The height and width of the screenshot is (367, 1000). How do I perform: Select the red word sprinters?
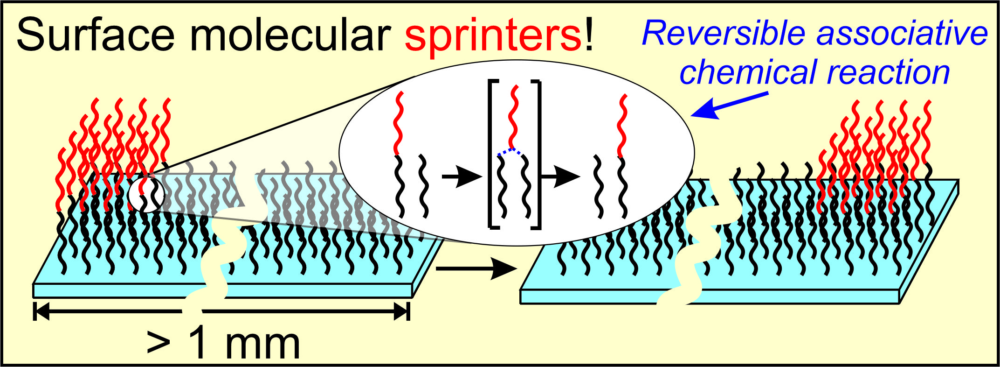point(493,36)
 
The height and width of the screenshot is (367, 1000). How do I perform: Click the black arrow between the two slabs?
point(476,269)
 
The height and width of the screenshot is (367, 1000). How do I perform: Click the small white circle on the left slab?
point(146,195)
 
